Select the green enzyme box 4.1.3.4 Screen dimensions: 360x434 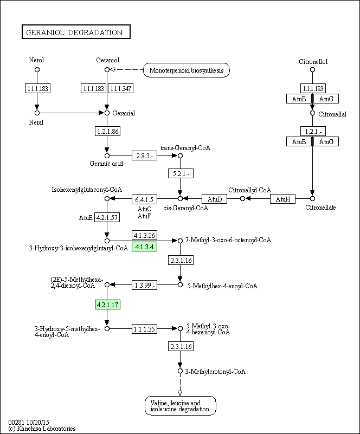[144, 247]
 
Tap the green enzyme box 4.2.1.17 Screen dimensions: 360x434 [107, 305]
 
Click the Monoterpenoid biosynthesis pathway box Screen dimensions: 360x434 [187, 70]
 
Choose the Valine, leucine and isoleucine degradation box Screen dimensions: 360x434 [181, 406]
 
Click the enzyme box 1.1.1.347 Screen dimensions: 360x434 [120, 88]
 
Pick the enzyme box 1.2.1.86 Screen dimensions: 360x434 [108, 131]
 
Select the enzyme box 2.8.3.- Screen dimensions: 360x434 [144, 156]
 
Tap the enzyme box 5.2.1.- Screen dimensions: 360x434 [181, 173]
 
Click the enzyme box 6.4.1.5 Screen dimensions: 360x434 [144, 199]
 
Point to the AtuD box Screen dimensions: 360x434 [214, 199]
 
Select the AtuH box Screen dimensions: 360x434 [282, 199]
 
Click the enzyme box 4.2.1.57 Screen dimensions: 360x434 [107, 218]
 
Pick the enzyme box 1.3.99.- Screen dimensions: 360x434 [144, 285]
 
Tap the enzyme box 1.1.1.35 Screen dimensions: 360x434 [144, 329]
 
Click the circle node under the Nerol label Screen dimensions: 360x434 [37, 69]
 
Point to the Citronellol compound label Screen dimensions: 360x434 [313, 62]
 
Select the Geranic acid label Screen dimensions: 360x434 [106, 164]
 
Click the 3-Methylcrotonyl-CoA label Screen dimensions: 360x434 [215, 372]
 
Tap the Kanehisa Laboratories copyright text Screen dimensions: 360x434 [42, 429]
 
